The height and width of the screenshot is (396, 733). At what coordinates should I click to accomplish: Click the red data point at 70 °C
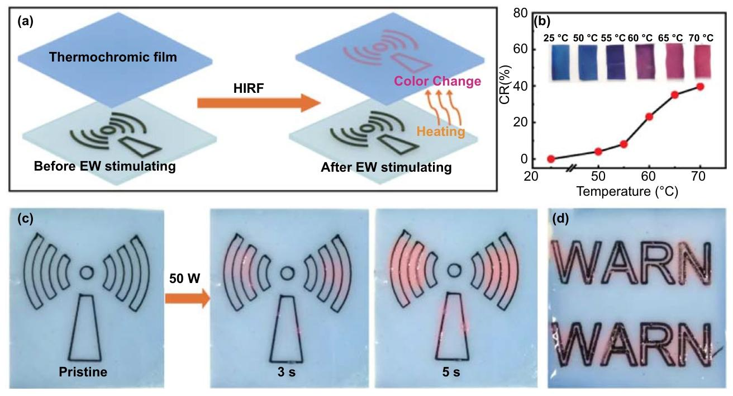(700, 87)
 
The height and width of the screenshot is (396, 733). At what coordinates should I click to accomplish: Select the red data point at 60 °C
(649, 116)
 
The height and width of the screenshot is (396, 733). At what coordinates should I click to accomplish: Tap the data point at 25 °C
(551, 159)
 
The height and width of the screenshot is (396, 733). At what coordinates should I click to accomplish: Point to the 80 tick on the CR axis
(520, 13)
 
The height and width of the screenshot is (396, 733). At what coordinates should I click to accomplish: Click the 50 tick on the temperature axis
(598, 177)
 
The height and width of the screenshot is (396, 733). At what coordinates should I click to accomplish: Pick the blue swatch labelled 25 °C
(561, 62)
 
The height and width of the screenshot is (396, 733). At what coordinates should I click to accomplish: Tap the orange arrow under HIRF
(259, 103)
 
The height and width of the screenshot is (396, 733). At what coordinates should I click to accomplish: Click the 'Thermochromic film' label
(113, 57)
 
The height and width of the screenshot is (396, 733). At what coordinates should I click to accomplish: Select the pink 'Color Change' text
(437, 81)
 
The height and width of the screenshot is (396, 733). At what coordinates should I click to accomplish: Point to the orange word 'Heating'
(440, 131)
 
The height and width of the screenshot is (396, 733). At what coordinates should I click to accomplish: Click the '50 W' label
(184, 279)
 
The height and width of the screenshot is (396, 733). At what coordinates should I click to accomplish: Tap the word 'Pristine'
(83, 372)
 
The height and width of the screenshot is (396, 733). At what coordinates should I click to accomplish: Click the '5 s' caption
(451, 372)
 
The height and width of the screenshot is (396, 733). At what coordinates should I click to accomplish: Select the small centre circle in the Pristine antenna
(87, 273)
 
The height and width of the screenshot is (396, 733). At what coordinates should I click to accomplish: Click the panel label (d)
(560, 219)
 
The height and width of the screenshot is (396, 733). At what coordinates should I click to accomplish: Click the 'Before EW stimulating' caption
(104, 166)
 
